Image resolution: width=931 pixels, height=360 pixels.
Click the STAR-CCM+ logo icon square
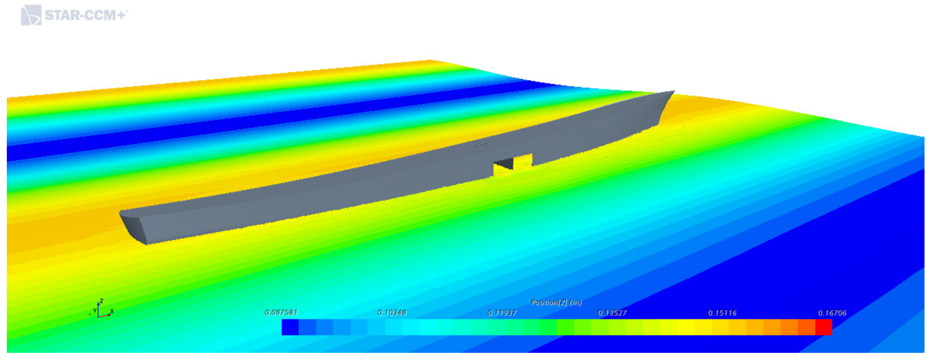31,15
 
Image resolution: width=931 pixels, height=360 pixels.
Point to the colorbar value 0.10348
392,312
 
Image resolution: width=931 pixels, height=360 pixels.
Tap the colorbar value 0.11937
502,313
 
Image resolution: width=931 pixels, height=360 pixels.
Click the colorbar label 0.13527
612,313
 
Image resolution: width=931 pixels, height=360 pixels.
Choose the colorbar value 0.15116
722,313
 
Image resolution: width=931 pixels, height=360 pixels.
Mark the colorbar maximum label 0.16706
832,313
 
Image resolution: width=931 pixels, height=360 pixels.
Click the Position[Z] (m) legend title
556,302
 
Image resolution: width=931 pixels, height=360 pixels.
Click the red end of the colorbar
824,327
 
